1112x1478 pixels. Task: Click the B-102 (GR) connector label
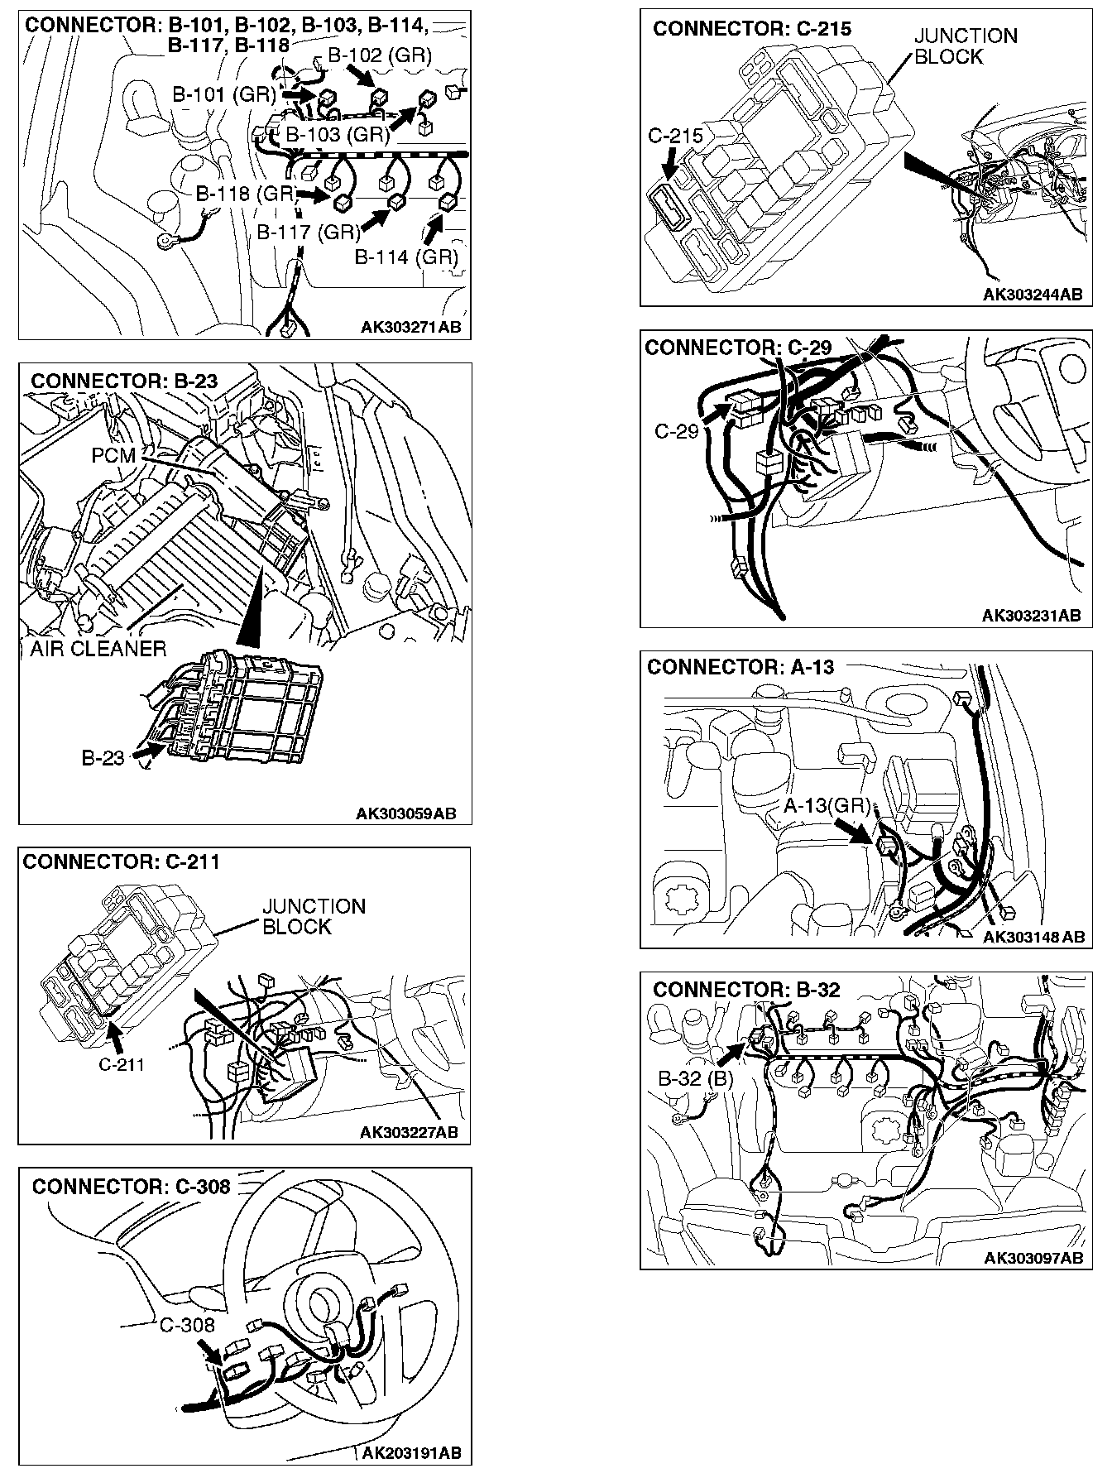tap(380, 55)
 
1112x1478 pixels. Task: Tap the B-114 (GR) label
tap(405, 257)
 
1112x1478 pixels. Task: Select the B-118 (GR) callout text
tap(246, 194)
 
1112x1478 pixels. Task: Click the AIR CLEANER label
tap(98, 648)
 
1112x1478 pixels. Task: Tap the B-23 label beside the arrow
tap(103, 758)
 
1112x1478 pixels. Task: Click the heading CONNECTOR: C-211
tap(122, 862)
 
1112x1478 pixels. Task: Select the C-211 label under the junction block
tap(122, 1064)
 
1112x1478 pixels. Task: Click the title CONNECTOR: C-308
tap(131, 1187)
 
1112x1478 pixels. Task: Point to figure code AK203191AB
tap(411, 1453)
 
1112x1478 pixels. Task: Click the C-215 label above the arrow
tap(675, 136)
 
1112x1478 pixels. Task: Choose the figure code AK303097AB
tap(1033, 1258)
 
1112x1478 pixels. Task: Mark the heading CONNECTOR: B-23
tap(124, 381)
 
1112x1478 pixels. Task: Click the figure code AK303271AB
tap(410, 328)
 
